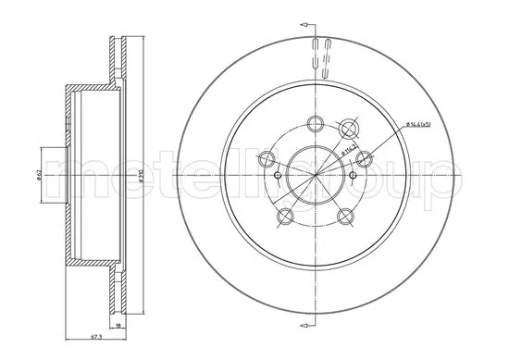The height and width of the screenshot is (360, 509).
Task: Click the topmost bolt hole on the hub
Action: tap(315, 123)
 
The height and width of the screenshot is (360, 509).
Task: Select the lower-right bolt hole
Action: tap(347, 217)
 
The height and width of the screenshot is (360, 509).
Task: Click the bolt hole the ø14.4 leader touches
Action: tap(365, 158)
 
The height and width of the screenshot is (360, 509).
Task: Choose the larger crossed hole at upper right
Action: tap(349, 128)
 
